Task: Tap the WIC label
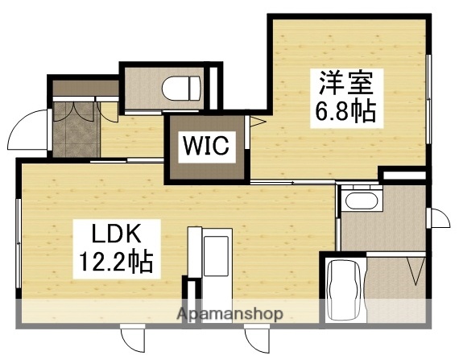tap(206, 147)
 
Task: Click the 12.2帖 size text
tap(115, 261)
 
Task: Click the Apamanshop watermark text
tap(229, 313)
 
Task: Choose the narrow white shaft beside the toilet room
tap(214, 84)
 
